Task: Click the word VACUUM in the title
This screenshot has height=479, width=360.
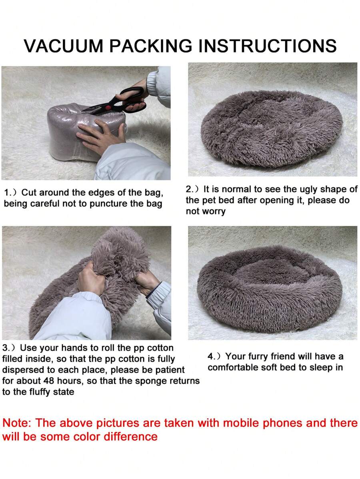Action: [64, 46]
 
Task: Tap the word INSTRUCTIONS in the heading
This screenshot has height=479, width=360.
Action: [268, 46]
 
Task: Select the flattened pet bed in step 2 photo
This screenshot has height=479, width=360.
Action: [272, 128]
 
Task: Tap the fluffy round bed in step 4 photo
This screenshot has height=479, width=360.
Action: [269, 289]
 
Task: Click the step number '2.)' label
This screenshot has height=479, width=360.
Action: [192, 190]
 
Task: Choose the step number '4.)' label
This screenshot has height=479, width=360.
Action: [214, 357]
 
